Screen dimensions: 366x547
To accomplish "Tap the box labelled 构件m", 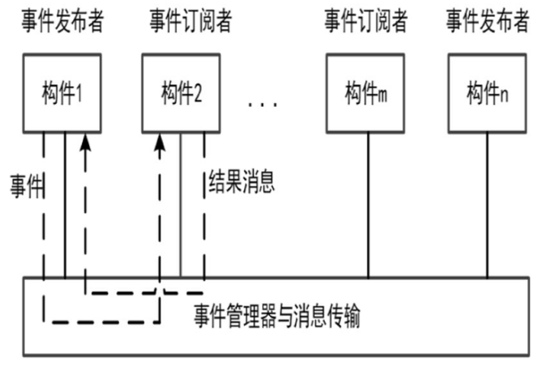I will pos(365,92).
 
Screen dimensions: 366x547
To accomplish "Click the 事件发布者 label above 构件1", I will pos(62,21).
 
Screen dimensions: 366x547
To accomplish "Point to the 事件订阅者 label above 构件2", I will pos(190,21).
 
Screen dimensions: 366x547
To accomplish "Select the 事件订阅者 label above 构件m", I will pos(365,21).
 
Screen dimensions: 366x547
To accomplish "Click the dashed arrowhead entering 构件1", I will pos(85,143).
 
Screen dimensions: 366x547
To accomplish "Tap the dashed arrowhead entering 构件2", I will pos(159,143).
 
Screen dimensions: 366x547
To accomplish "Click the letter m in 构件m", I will pos(382,94).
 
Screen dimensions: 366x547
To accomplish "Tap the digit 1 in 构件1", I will pos(81,93).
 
